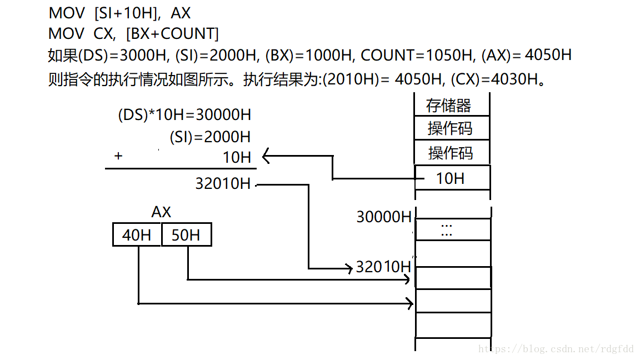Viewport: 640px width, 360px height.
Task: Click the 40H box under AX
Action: click(x=137, y=235)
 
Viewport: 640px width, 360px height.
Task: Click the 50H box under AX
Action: click(x=186, y=235)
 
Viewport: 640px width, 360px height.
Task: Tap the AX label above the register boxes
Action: click(x=161, y=212)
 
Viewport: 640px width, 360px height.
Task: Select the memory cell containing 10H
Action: click(x=451, y=178)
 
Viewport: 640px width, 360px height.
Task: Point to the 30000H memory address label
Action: click(x=384, y=217)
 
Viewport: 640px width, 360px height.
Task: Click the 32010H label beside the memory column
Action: click(x=383, y=267)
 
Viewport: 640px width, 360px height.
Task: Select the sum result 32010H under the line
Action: click(x=223, y=184)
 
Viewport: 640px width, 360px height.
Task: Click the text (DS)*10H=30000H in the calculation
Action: click(x=184, y=115)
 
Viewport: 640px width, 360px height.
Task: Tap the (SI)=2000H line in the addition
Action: click(x=210, y=137)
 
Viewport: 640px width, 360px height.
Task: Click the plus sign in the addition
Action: click(x=118, y=157)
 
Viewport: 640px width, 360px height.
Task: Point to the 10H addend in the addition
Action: click(x=237, y=157)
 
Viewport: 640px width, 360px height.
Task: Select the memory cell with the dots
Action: click(x=451, y=229)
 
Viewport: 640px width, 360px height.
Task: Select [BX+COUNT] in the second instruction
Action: click(x=172, y=34)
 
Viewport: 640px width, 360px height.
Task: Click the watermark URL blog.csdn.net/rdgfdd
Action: click(x=556, y=349)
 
